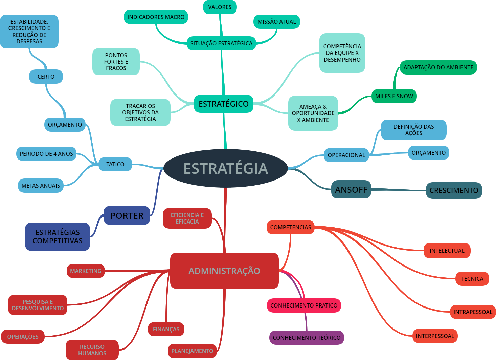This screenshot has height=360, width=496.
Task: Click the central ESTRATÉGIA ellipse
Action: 226,168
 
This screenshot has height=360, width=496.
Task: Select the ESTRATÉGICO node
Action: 223,104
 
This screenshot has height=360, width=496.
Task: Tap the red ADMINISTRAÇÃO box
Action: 224,271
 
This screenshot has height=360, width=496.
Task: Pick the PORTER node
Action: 127,215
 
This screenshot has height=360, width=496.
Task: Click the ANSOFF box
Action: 351,189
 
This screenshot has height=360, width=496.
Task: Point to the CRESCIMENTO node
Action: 454,190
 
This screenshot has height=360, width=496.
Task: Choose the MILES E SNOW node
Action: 394,96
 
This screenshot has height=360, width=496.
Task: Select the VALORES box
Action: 220,7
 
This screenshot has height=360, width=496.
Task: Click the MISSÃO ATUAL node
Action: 277,22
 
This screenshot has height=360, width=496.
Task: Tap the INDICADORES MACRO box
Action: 156,17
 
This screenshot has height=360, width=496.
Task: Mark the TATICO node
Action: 115,164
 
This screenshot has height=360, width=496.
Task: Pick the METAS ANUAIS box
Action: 41,186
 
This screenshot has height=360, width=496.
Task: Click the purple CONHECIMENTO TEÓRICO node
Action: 307,338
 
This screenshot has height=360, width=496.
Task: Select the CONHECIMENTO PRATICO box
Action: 304,305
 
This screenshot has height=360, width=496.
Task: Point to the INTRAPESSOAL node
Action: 473,312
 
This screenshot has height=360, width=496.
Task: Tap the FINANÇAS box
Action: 166,329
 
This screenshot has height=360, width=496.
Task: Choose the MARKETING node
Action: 86,271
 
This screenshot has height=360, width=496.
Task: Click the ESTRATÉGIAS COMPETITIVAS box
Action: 58,236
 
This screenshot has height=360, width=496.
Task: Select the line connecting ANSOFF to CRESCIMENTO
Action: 399,190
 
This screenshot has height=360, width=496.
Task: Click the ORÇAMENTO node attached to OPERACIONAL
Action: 429,153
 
